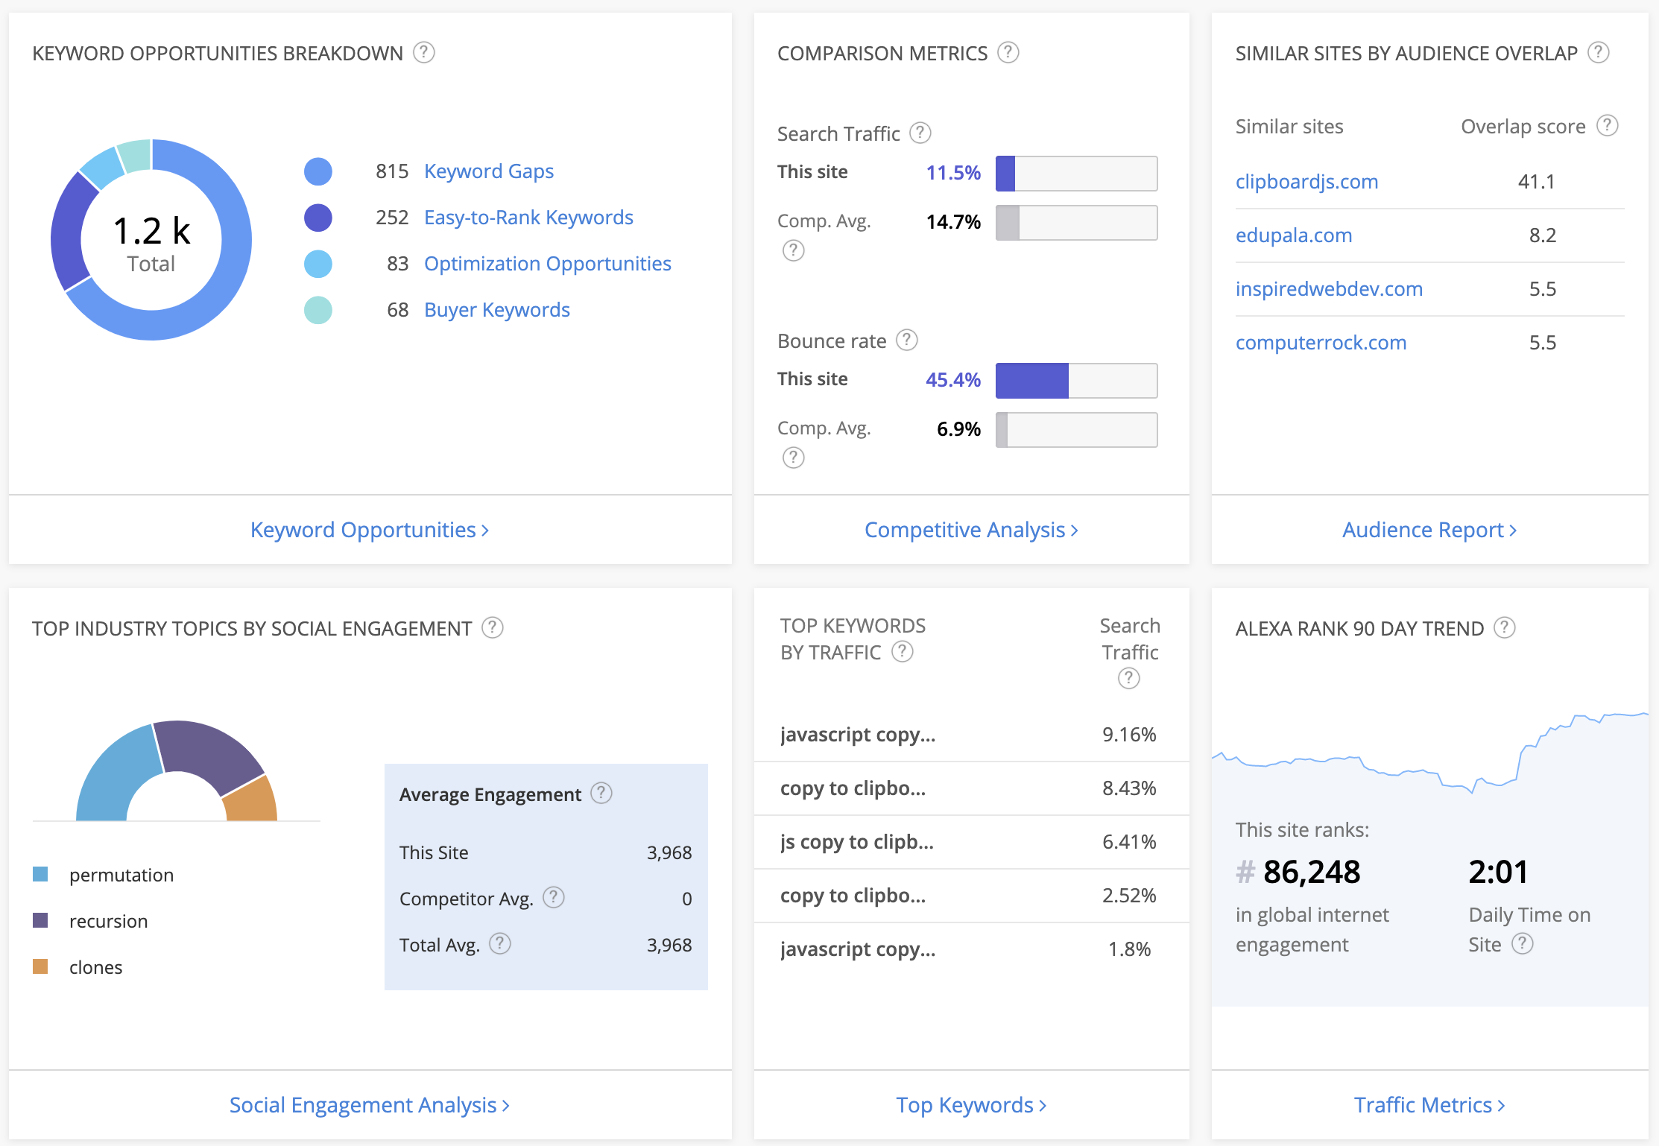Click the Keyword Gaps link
[488, 171]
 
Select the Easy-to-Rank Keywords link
[528, 218]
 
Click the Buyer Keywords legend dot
[318, 310]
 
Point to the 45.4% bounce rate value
[952, 380]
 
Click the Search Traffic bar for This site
[1076, 174]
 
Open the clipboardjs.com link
[1306, 182]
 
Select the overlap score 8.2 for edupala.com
[1542, 235]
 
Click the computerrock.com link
[1321, 343]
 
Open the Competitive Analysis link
[970, 530]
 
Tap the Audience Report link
[1429, 530]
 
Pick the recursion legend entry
[108, 921]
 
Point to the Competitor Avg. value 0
[686, 899]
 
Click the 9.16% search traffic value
[1128, 735]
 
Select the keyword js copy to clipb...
[856, 842]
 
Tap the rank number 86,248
[1311, 872]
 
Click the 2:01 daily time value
[1497, 872]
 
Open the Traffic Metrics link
[1429, 1105]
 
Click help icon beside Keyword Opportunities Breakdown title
[423, 53]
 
